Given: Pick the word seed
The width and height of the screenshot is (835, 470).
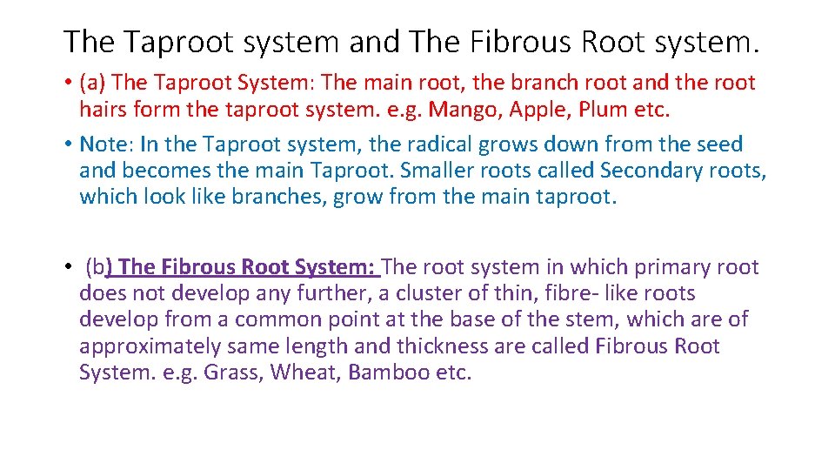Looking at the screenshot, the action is (x=718, y=144).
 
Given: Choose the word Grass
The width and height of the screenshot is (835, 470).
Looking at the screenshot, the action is (x=234, y=373).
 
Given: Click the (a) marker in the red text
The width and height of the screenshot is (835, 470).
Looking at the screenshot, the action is (x=93, y=84).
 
